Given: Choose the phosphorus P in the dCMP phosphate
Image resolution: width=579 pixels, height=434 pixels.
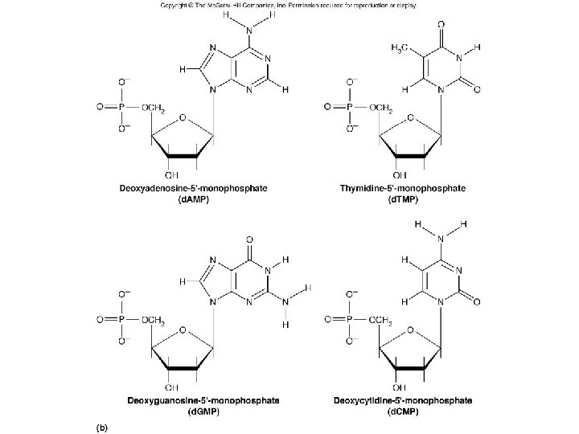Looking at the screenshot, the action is click(349, 320).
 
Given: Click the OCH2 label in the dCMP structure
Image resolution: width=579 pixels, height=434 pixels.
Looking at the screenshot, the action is click(377, 321).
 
